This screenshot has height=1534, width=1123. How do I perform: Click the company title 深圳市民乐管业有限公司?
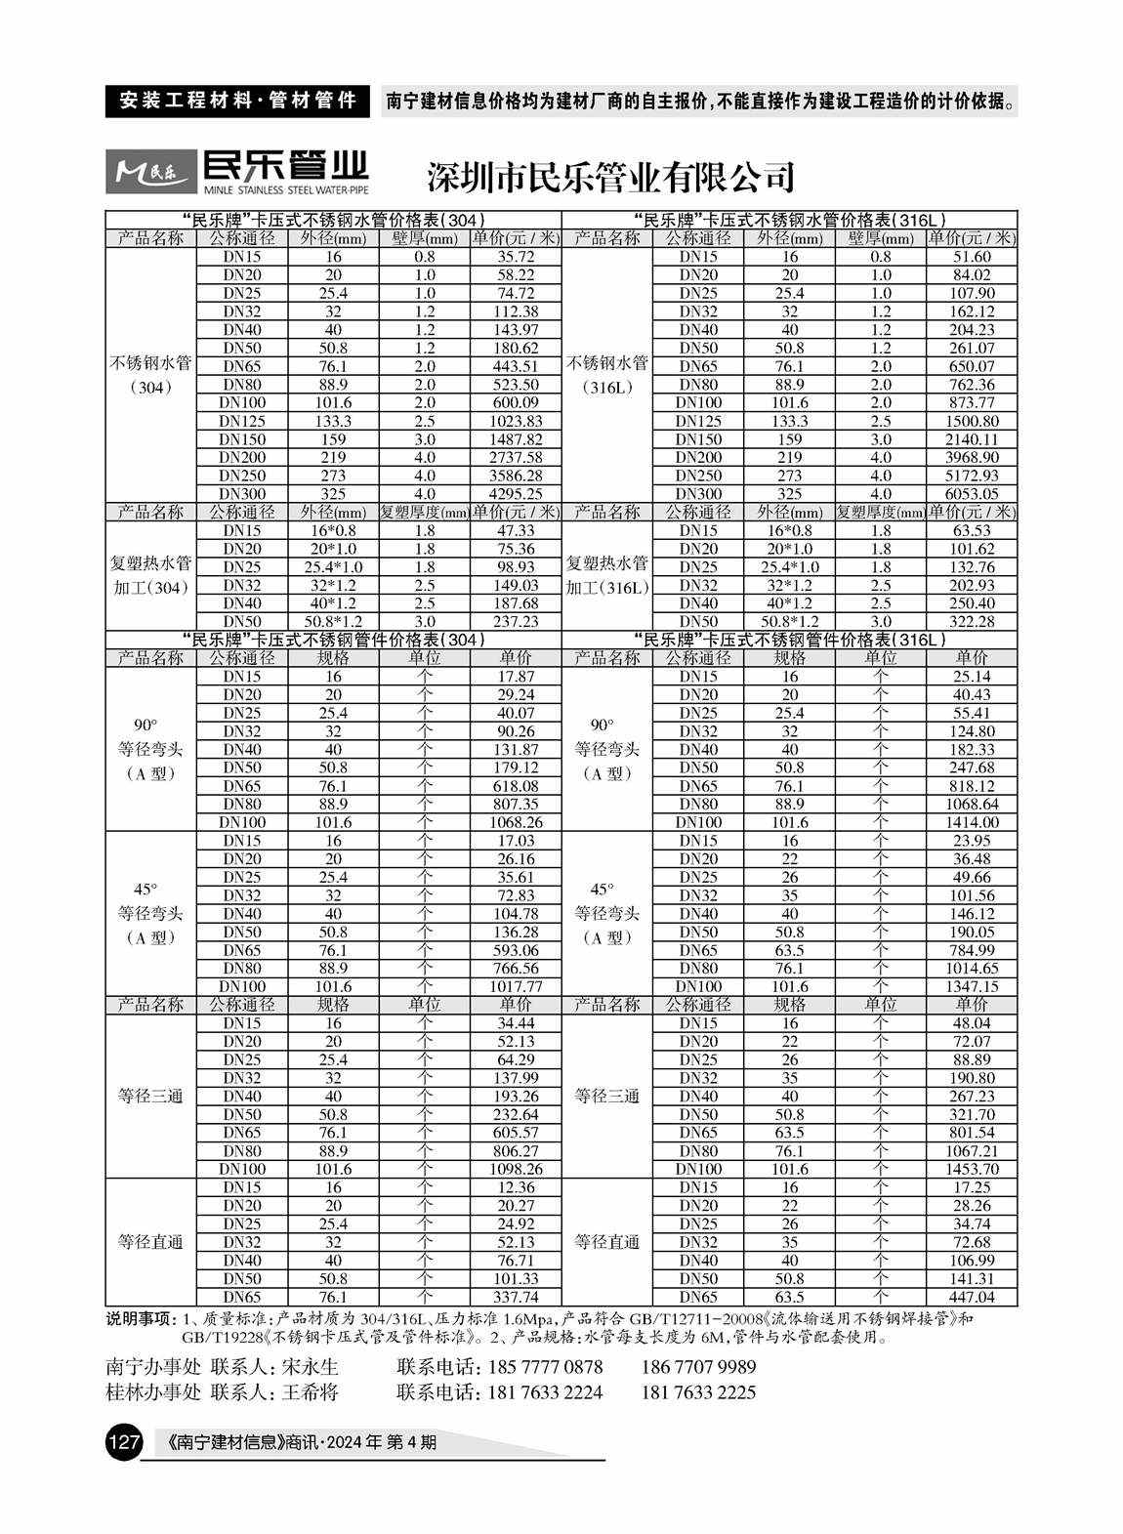610,177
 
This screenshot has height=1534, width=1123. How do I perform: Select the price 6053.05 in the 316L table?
972,494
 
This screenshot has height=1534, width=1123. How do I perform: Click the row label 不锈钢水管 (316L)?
606,375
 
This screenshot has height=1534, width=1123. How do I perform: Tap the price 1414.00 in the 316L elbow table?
972,822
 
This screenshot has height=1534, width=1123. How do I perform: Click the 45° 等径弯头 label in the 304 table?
150,914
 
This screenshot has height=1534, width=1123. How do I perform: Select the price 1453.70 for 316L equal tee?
972,1169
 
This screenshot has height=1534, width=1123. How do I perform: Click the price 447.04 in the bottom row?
972,1297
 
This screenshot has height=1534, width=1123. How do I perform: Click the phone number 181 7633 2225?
698,1392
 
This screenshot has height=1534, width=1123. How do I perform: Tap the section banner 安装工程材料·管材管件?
237,101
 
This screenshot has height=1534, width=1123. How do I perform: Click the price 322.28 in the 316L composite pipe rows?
972,621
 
